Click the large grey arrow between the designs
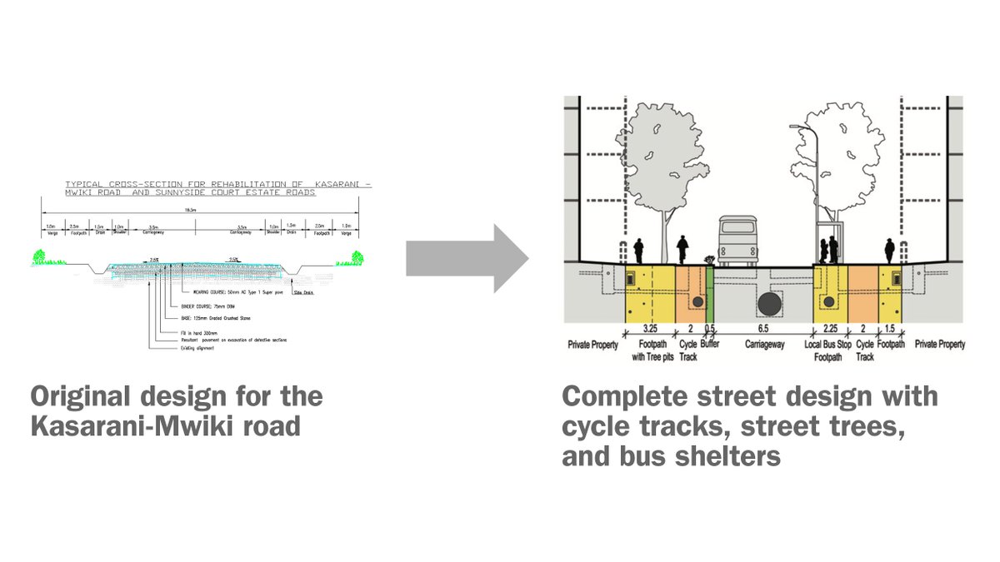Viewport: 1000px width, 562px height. pyautogui.click(x=467, y=259)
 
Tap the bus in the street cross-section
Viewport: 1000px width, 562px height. pyautogui.click(x=737, y=241)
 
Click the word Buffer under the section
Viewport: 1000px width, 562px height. pyautogui.click(x=711, y=344)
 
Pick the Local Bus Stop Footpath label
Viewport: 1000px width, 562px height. pyautogui.click(x=827, y=350)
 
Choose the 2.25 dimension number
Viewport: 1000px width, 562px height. pyautogui.click(x=829, y=329)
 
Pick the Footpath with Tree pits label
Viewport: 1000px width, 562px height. pyautogui.click(x=652, y=350)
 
